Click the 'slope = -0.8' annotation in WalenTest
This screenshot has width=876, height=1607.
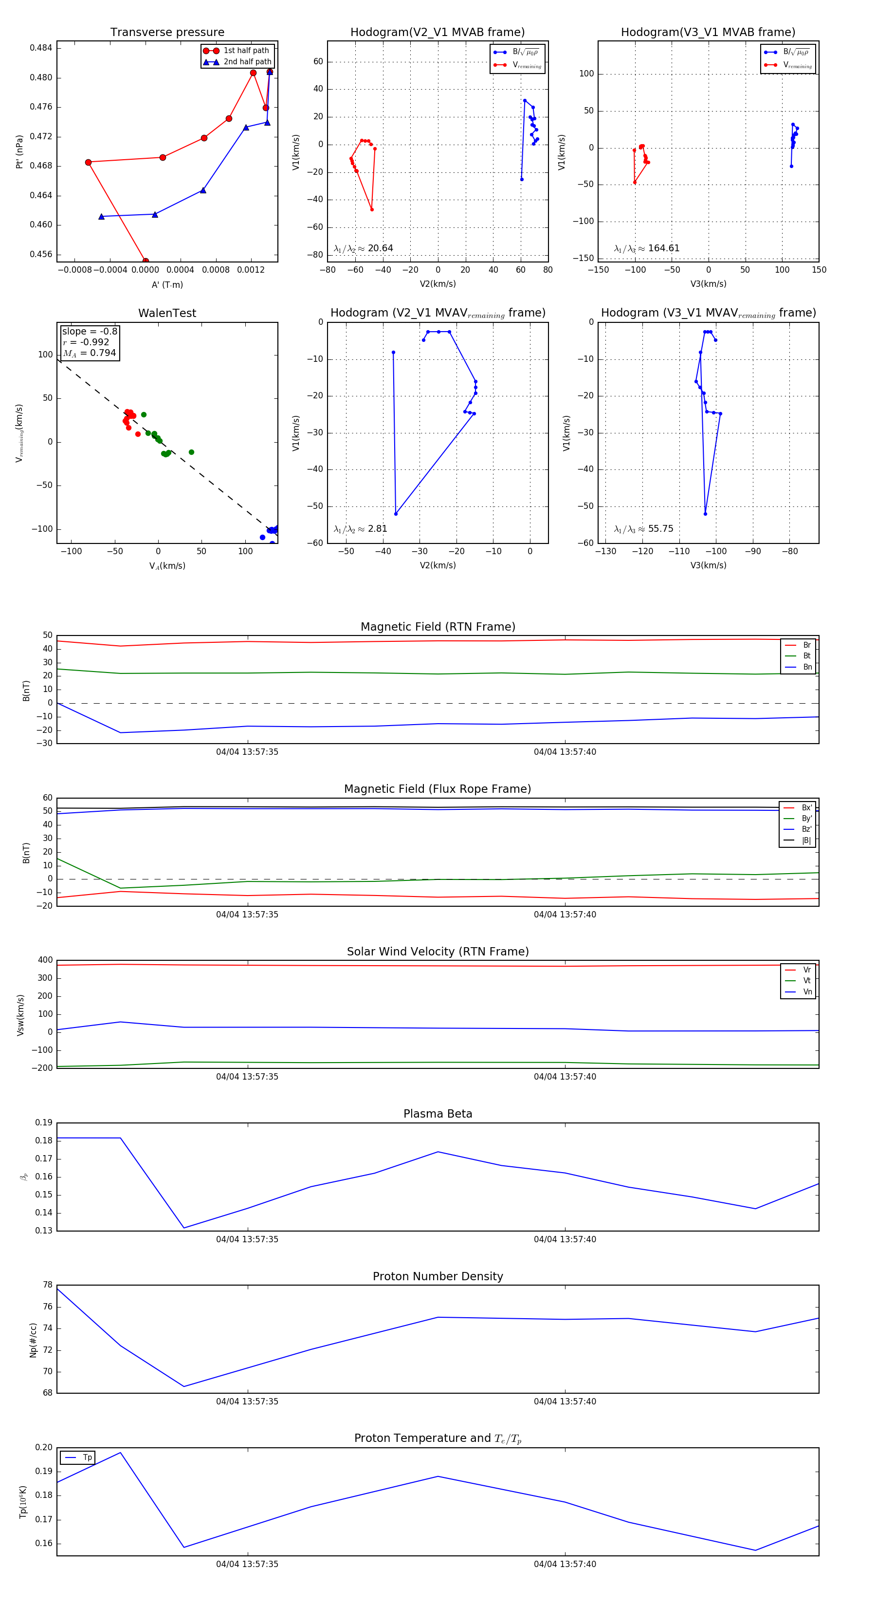tap(90, 331)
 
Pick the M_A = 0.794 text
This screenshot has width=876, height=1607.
tap(89, 353)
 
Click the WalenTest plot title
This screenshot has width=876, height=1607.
tap(167, 313)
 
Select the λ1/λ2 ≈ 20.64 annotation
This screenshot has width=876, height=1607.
tap(363, 248)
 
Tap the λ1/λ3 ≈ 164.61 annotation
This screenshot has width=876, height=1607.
tap(647, 248)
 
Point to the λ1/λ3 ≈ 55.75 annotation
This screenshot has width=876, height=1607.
tap(643, 529)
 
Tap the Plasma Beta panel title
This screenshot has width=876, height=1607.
tap(438, 1114)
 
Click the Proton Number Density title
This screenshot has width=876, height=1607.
tap(438, 1276)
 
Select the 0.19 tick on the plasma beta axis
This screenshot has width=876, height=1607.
tap(44, 1123)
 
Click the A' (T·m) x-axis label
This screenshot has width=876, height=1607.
tap(167, 284)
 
